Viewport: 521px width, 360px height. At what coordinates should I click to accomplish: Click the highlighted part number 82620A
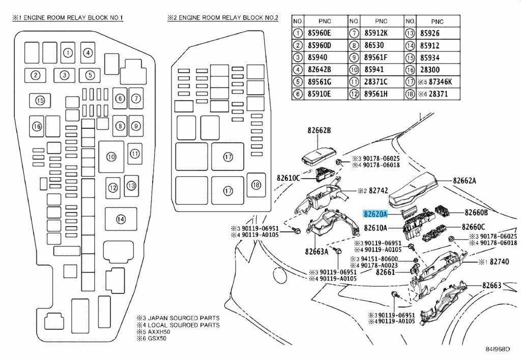point(375,214)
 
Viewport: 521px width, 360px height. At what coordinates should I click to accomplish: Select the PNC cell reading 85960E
point(319,33)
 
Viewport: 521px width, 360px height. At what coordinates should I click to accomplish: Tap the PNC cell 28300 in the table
point(429,70)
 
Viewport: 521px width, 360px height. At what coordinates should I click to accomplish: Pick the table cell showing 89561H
point(376,94)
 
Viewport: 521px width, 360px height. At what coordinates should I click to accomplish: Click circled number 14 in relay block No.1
point(121,219)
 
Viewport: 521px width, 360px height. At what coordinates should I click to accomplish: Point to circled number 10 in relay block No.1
point(111,156)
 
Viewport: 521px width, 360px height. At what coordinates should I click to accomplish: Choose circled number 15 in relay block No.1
point(40,100)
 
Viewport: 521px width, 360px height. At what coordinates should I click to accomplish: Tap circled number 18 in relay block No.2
point(256,185)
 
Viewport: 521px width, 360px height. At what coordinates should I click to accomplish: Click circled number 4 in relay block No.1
point(88,52)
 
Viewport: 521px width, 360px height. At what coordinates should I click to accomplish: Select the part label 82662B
point(319,130)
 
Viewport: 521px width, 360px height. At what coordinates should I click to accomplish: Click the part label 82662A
point(464,180)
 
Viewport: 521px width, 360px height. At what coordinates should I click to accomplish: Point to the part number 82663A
point(316,252)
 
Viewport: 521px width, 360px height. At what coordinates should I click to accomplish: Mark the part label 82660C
point(473,227)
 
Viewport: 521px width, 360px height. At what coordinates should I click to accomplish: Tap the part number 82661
point(386,272)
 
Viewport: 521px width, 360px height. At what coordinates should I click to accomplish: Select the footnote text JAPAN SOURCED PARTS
point(183,318)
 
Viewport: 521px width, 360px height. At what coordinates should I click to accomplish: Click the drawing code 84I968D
point(498,349)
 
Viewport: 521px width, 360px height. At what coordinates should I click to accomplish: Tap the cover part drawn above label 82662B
point(319,155)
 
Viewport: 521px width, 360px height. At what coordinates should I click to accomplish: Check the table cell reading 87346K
point(440,82)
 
